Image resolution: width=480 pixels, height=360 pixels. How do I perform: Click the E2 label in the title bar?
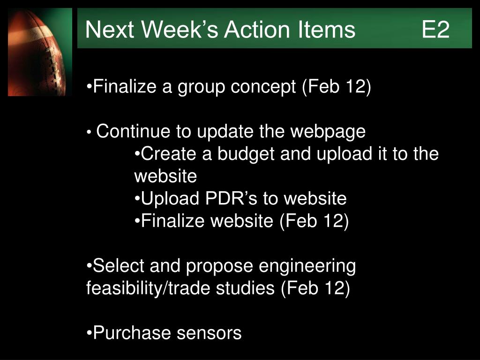435,30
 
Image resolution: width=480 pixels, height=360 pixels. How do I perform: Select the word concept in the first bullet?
263,87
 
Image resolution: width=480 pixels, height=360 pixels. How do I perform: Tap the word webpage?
328,132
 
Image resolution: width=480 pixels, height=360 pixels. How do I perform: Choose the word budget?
246,154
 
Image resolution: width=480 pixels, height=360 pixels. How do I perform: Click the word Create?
168,153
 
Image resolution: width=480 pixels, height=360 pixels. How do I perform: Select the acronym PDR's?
231,198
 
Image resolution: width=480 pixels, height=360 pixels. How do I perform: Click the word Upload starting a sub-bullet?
170,199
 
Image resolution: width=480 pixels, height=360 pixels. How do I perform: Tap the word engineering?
307,266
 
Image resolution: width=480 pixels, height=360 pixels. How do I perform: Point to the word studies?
245,288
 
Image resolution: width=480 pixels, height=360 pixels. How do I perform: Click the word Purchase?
132,333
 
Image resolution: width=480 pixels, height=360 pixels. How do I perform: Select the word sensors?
209,333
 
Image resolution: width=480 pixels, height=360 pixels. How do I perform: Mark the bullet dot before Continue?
89,133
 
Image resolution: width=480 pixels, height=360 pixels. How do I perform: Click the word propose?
219,267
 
